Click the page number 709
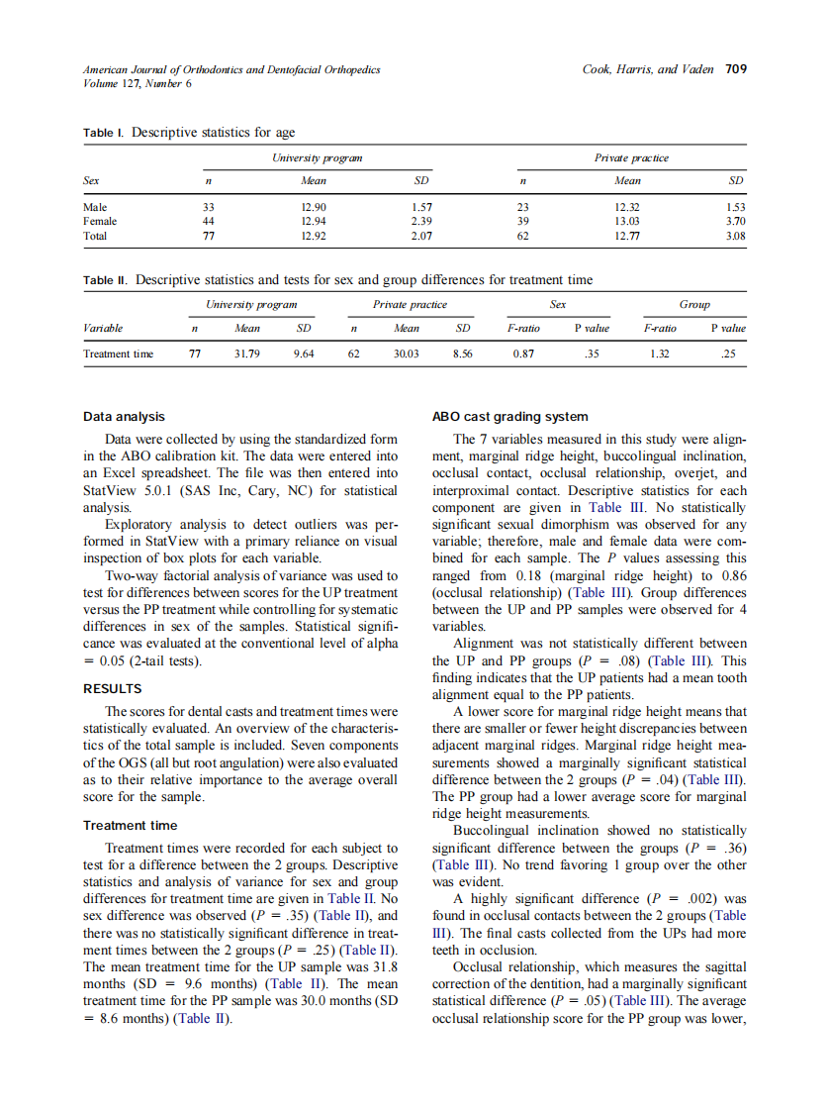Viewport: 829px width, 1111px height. (x=735, y=69)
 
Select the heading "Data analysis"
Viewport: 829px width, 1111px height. (x=125, y=417)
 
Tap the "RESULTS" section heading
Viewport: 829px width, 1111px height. (x=113, y=688)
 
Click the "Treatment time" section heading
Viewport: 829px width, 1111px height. (x=131, y=825)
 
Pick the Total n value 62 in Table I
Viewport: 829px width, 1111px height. (x=523, y=237)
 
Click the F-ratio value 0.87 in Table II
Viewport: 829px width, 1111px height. (x=524, y=353)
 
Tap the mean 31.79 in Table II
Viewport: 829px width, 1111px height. (x=246, y=353)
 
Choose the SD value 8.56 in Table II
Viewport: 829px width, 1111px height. (x=462, y=353)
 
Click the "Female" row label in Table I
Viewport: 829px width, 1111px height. (x=100, y=222)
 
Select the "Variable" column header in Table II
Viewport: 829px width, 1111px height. (x=103, y=328)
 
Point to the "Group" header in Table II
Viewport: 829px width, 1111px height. (x=694, y=304)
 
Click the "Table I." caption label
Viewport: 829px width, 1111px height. (x=104, y=133)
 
